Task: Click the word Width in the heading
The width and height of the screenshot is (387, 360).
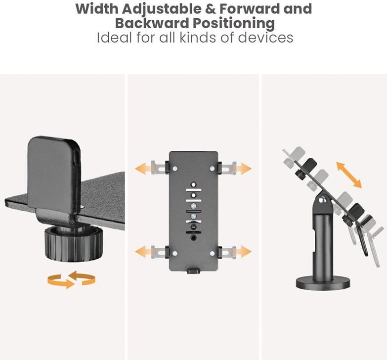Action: click(97, 8)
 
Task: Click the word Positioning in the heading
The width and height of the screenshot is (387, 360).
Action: click(233, 24)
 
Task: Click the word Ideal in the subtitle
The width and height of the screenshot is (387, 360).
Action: click(115, 38)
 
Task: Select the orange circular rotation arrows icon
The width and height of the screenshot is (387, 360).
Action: click(71, 279)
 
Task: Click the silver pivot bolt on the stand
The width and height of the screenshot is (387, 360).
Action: click(322, 199)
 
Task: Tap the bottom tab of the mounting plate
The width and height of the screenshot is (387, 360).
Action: click(193, 270)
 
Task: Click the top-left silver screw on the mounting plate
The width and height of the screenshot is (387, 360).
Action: click(175, 169)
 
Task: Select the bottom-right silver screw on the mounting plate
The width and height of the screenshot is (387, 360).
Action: click(212, 253)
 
